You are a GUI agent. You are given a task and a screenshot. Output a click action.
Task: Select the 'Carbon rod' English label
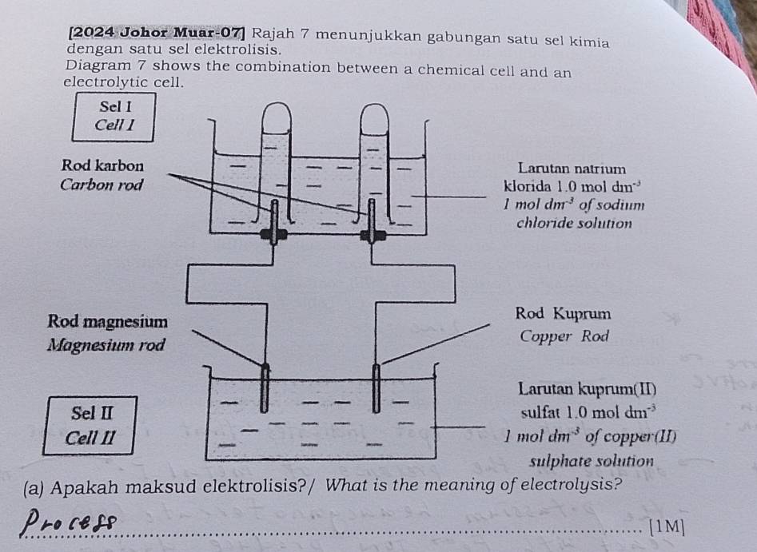click(102, 185)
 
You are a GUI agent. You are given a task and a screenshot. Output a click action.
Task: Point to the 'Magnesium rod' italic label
click(106, 346)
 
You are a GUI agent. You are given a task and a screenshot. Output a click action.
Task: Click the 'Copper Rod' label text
click(564, 336)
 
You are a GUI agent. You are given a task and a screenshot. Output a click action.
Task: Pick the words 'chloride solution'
click(575, 223)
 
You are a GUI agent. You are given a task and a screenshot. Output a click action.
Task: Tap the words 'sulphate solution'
click(592, 462)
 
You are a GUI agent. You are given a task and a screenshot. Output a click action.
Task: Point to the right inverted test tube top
click(373, 118)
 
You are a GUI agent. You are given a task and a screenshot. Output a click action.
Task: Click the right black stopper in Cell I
click(373, 235)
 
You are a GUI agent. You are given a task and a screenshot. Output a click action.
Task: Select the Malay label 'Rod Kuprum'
click(564, 312)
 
